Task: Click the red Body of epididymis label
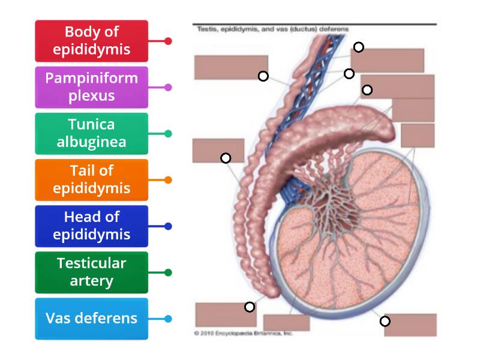click(91, 41)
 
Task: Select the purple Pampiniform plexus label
click(91, 87)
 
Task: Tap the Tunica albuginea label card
click(91, 133)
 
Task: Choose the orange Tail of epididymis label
click(91, 179)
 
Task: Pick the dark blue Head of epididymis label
click(91, 226)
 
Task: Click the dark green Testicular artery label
click(91, 272)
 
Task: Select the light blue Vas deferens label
click(91, 318)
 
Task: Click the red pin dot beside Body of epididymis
click(168, 41)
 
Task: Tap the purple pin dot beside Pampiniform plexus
click(168, 88)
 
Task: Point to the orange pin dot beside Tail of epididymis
click(168, 180)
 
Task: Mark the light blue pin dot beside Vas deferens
click(168, 319)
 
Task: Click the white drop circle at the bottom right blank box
click(385, 321)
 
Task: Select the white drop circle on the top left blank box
click(263, 76)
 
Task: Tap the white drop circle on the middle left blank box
click(226, 158)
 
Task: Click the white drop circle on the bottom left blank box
click(250, 307)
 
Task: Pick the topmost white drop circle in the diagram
click(358, 47)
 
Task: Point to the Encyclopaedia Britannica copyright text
click(243, 333)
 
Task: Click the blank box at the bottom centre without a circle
click(286, 323)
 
